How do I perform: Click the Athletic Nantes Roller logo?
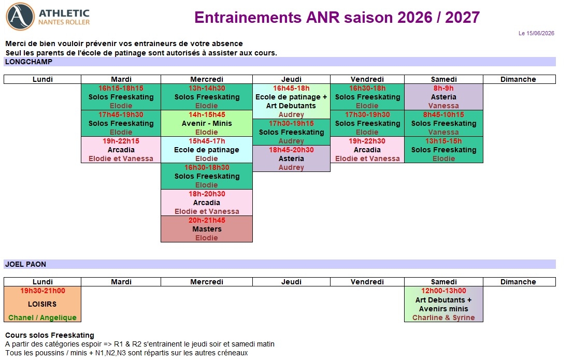[48, 17]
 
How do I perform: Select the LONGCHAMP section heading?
[29, 62]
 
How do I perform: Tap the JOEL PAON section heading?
[25, 264]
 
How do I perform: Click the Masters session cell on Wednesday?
[207, 229]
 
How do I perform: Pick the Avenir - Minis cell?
[207, 123]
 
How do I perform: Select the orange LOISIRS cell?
[42, 304]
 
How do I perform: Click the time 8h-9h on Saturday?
[443, 89]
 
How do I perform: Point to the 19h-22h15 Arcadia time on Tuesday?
[121, 141]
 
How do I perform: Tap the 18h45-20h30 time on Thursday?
[291, 150]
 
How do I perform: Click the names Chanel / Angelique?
[42, 318]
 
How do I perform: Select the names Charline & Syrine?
[443, 318]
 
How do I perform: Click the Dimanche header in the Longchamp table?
[518, 79]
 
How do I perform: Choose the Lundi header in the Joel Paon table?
[42, 282]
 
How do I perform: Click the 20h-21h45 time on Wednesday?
[207, 220]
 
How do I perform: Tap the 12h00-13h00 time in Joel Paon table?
[443, 291]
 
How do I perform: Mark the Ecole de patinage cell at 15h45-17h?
[207, 150]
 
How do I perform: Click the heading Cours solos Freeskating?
[50, 335]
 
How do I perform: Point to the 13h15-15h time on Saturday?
[443, 141]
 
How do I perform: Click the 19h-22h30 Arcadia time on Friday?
[367, 141]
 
